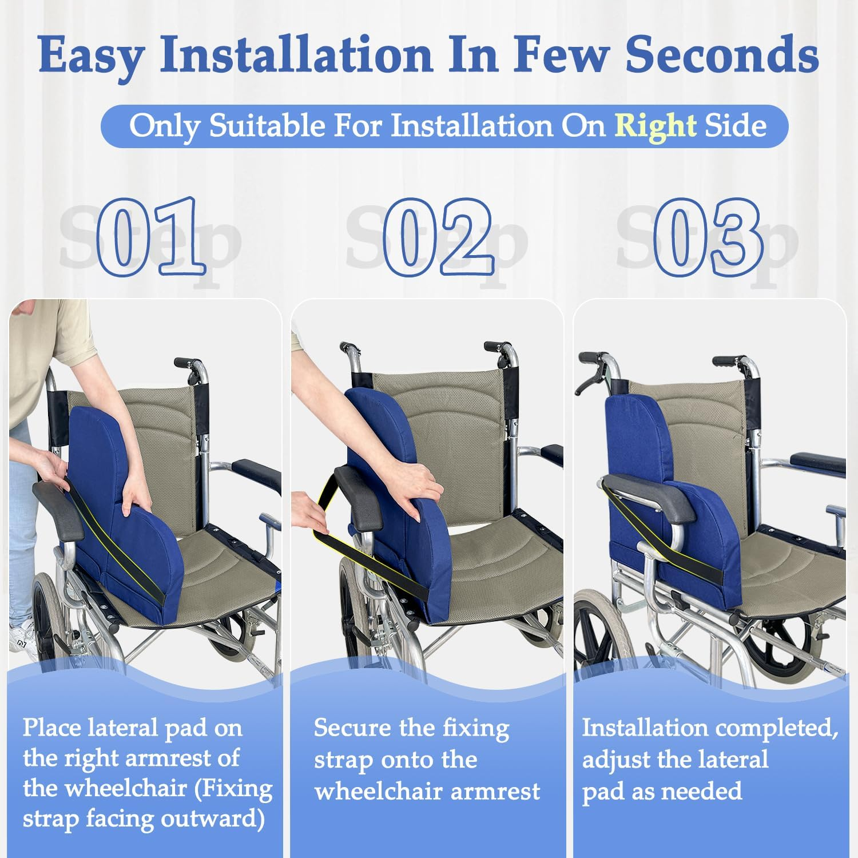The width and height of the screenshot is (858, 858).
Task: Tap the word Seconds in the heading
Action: (x=721, y=55)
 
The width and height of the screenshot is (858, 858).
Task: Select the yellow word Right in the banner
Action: (x=655, y=126)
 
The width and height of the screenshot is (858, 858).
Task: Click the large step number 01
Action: (x=150, y=236)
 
